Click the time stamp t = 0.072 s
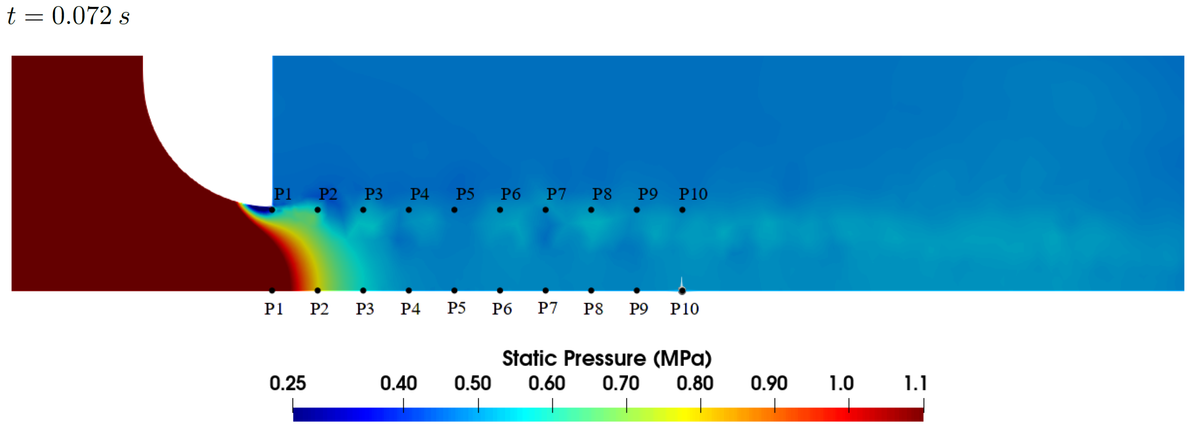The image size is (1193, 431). (68, 16)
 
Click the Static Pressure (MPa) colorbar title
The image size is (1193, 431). (607, 358)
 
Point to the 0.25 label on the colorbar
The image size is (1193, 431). (288, 383)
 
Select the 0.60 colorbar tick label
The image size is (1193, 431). (547, 383)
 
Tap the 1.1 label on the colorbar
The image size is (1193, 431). (915, 383)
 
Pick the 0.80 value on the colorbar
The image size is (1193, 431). (695, 383)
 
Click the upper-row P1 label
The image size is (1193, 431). (283, 194)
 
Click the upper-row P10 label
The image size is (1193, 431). (693, 194)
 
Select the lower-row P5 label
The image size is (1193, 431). (457, 308)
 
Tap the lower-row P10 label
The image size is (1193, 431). (685, 309)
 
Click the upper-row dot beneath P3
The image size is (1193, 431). (363, 210)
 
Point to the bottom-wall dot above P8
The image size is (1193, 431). (591, 291)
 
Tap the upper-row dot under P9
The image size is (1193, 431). (637, 210)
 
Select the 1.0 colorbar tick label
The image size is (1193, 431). (841, 383)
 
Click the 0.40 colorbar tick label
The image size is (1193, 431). (398, 383)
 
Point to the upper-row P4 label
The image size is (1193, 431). (420, 194)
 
